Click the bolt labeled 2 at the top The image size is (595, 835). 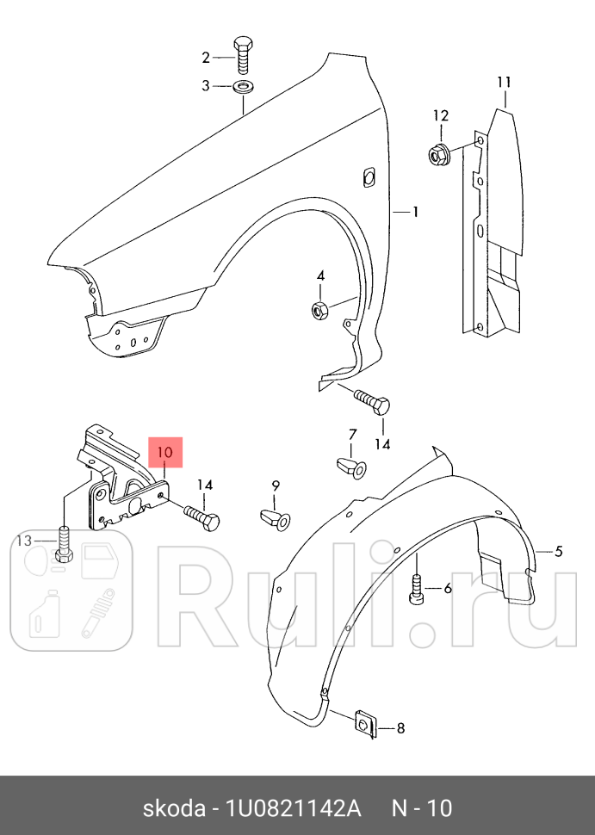coord(243,56)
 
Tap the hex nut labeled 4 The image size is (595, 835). coord(319,308)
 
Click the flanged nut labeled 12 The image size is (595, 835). coord(439,154)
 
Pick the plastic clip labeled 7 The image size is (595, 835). coord(351,467)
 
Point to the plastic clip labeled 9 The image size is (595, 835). coord(276,519)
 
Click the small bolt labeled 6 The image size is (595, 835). coord(416,590)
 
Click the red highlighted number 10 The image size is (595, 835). coord(165,452)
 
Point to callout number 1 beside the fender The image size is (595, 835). coord(415,212)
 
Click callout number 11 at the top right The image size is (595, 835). coord(504,83)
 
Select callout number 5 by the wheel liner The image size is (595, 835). coord(558,551)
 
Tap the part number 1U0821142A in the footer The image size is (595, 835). coord(294,808)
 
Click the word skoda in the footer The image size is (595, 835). coord(174,808)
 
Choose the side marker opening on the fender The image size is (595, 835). coord(368,176)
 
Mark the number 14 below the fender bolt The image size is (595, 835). coord(382,443)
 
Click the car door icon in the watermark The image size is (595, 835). coord(100,561)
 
